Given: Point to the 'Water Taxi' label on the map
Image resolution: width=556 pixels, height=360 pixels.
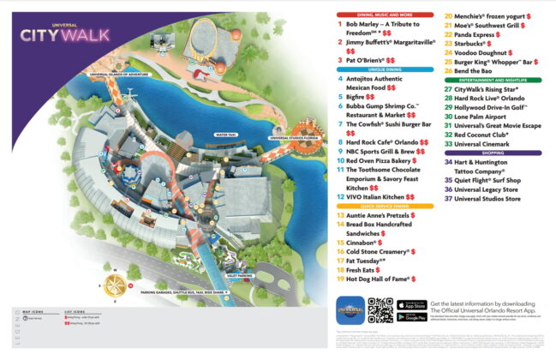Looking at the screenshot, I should tap(226, 135).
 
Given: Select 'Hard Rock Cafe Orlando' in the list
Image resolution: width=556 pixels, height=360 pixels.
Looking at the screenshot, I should tap(380, 141).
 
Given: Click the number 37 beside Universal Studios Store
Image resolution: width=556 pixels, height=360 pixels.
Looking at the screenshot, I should tap(447, 199).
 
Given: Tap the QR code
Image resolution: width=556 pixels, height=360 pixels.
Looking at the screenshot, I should tap(380, 309).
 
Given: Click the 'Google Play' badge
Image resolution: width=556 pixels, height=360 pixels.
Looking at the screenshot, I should tap(412, 316).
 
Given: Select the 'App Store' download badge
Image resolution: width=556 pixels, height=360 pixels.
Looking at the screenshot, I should tap(412, 304).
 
